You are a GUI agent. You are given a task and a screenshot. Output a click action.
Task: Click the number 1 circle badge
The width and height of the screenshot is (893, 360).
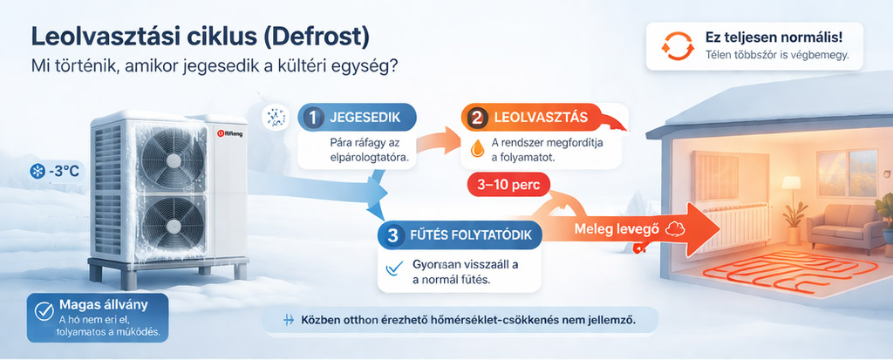tap(311, 117)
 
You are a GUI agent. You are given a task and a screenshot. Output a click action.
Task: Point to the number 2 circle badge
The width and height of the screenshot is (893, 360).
tap(475, 118)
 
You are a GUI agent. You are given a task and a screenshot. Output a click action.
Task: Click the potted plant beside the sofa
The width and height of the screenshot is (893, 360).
tap(794, 223)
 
